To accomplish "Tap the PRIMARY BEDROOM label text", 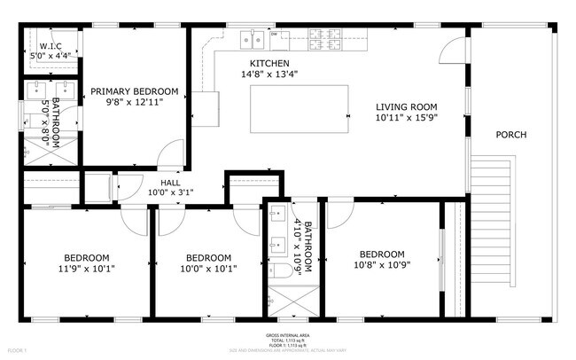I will coord(136,90).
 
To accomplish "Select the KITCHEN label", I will coord(269,63).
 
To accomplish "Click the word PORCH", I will coord(511,135).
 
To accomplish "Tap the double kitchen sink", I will coord(253,39).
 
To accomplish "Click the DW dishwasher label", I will coord(275,35).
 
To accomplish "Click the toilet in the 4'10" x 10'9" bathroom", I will coord(280,270).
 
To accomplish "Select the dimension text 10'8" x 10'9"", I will coord(382,263).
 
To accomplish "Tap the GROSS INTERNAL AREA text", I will coord(287,335).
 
